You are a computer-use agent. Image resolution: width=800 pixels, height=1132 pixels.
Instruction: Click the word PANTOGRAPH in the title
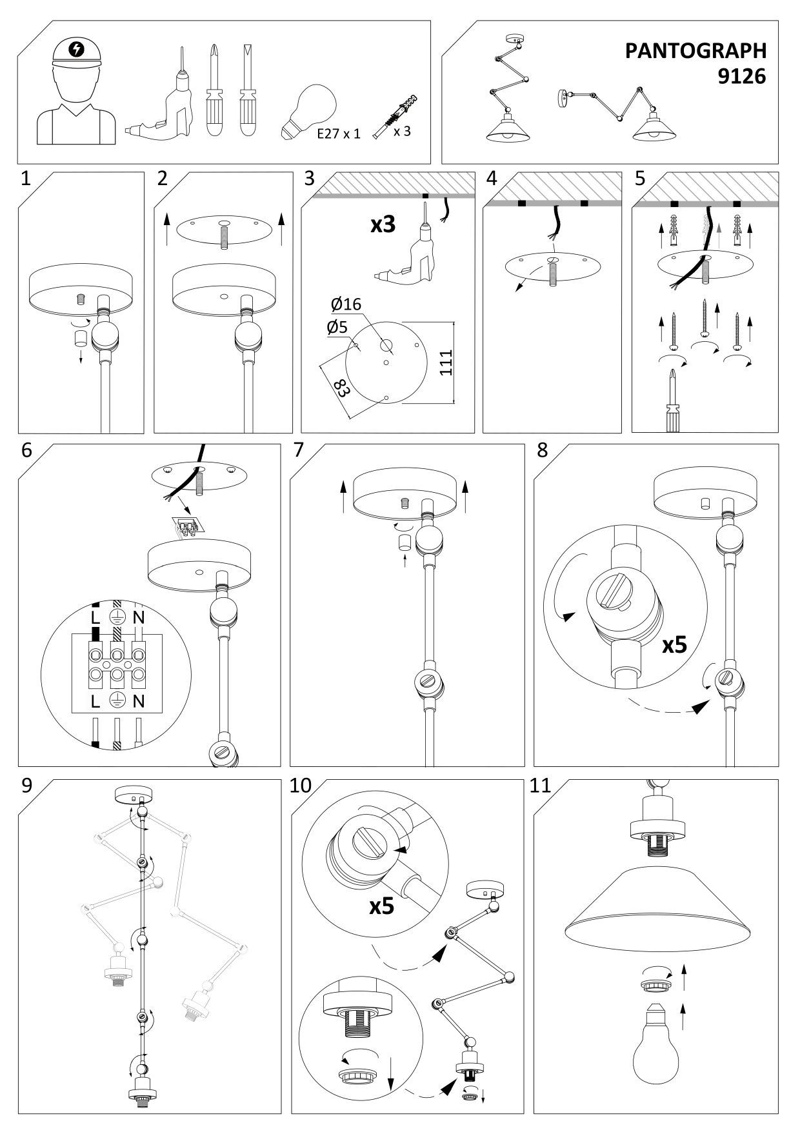point(695,51)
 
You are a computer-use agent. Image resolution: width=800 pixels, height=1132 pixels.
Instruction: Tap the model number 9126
point(742,77)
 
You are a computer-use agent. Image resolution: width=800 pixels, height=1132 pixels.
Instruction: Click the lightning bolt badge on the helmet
point(76,50)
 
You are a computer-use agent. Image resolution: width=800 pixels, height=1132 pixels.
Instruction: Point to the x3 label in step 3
point(383,225)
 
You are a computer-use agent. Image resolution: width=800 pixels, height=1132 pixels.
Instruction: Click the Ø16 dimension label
point(346,304)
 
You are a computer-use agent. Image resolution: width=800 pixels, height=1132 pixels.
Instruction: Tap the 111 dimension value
point(446,362)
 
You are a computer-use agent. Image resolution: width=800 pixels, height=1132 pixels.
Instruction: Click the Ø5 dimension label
point(337,327)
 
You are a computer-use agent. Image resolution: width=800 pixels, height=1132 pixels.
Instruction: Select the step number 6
point(26,450)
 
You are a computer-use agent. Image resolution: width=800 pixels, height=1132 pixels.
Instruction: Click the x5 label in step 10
point(383,906)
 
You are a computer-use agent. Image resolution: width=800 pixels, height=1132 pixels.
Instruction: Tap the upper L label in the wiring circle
point(95,617)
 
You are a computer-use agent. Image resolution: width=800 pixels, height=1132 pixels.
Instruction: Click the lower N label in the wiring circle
point(138,701)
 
